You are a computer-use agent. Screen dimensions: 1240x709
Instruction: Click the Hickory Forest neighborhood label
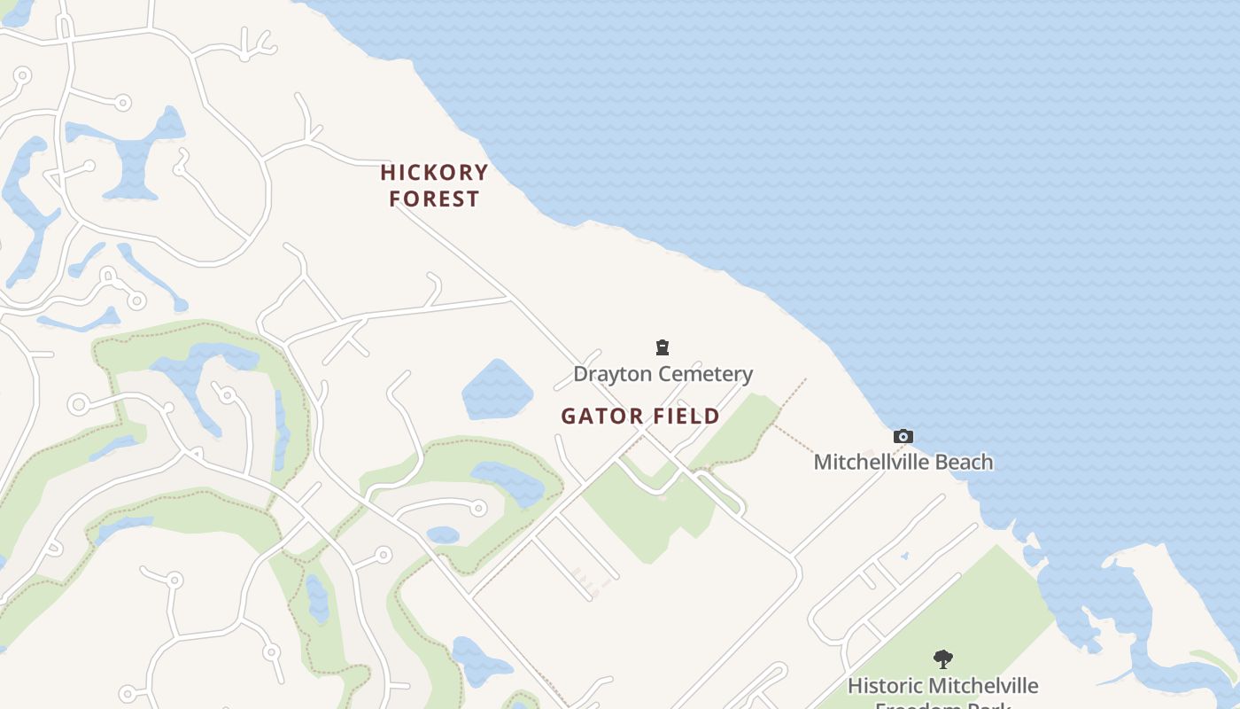click(434, 185)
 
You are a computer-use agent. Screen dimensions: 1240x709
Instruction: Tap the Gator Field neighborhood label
click(640, 417)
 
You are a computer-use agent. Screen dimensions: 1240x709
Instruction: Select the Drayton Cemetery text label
click(663, 374)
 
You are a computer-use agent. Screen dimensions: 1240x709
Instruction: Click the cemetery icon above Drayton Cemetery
click(663, 347)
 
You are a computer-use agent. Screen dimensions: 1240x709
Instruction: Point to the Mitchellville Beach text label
click(903, 462)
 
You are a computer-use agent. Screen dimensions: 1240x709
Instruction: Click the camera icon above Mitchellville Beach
click(903, 436)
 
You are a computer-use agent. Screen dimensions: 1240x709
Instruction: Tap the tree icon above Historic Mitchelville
click(942, 659)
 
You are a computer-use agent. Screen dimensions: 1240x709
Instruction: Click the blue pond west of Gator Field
click(497, 390)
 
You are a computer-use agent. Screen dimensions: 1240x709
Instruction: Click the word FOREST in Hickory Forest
click(434, 199)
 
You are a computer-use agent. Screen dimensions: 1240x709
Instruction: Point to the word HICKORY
click(434, 172)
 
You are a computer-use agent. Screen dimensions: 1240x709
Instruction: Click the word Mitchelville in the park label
click(985, 686)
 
